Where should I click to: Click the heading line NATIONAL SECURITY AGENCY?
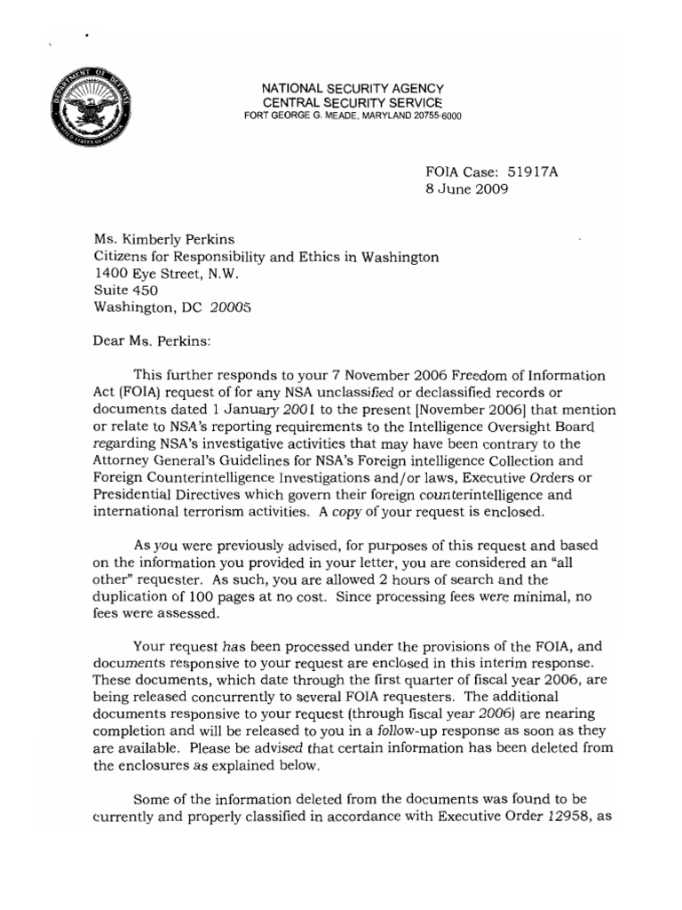(351, 89)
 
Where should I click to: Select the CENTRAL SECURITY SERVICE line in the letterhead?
(351, 103)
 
